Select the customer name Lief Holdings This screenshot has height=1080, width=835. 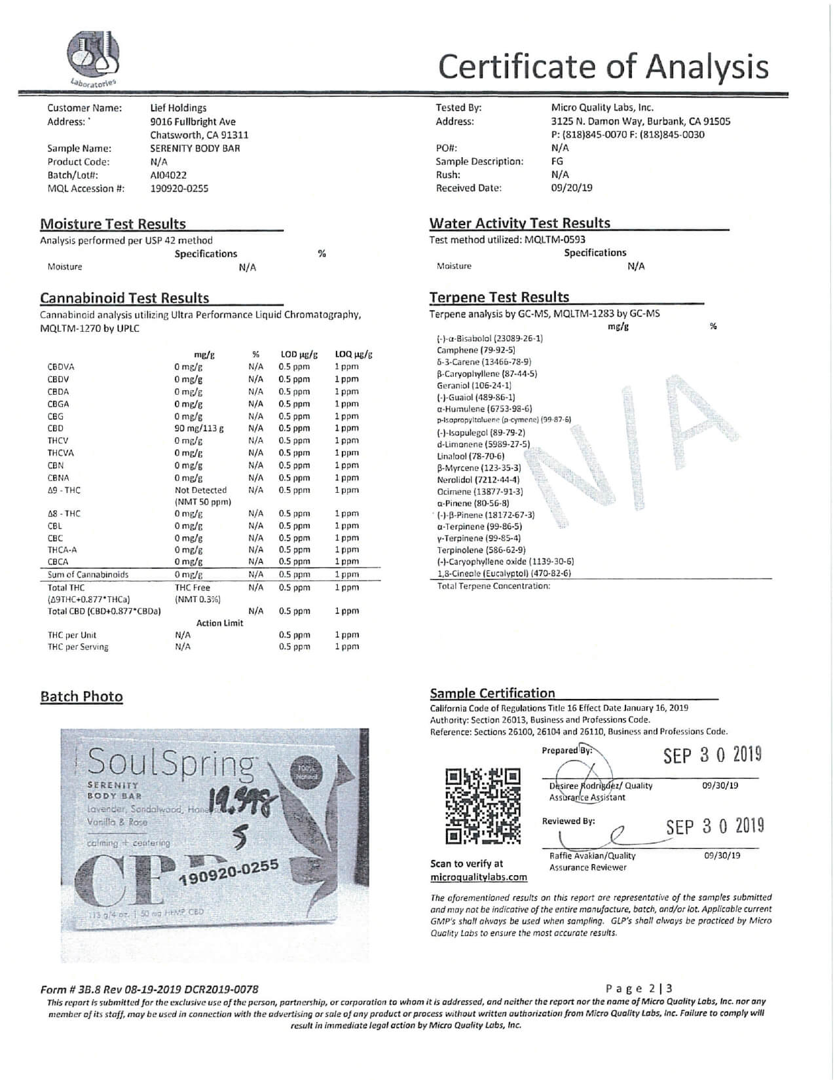point(178,108)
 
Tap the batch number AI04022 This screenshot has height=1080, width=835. point(168,175)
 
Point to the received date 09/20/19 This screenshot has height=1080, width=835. point(572,188)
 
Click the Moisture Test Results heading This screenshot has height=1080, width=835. point(113,224)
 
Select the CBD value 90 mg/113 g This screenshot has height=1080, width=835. point(199,429)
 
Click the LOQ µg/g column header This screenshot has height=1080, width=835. point(353,355)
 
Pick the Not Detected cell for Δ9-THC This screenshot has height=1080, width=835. point(200,490)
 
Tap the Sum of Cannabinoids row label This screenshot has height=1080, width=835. point(88,575)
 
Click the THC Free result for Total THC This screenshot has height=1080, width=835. point(193,588)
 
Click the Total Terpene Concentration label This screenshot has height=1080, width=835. point(494,586)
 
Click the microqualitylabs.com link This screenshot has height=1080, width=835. point(478,877)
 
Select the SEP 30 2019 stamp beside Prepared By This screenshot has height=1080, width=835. point(713,755)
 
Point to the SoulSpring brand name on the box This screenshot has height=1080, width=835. point(172,763)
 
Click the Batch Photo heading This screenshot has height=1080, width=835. point(82,696)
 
